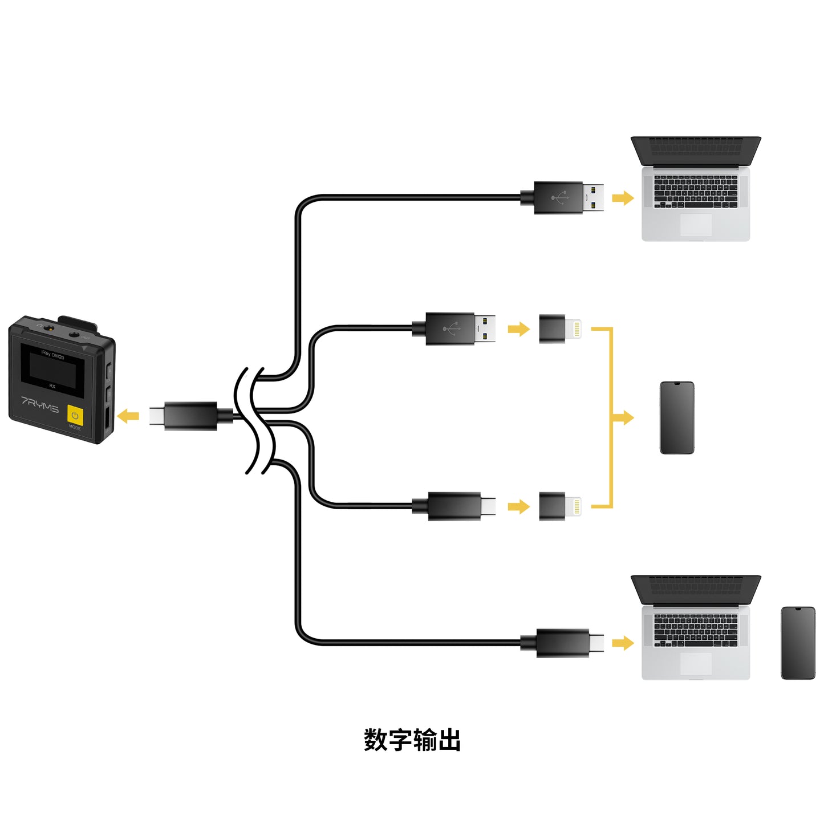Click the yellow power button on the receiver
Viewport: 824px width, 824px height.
[75, 415]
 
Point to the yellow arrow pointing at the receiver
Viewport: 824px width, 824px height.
[128, 416]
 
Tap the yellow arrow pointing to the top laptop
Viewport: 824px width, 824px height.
[623, 198]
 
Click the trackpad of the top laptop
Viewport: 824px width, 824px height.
[696, 225]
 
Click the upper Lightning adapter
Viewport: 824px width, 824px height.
[559, 329]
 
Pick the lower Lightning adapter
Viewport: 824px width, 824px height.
[559, 506]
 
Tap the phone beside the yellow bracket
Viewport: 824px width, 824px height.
[677, 417]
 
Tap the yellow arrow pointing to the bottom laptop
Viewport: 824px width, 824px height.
[623, 643]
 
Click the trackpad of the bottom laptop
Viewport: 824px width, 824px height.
[696, 664]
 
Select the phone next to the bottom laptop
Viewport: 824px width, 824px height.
[798, 643]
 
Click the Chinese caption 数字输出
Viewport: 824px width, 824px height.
[412, 740]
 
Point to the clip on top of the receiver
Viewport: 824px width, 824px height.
[77, 323]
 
